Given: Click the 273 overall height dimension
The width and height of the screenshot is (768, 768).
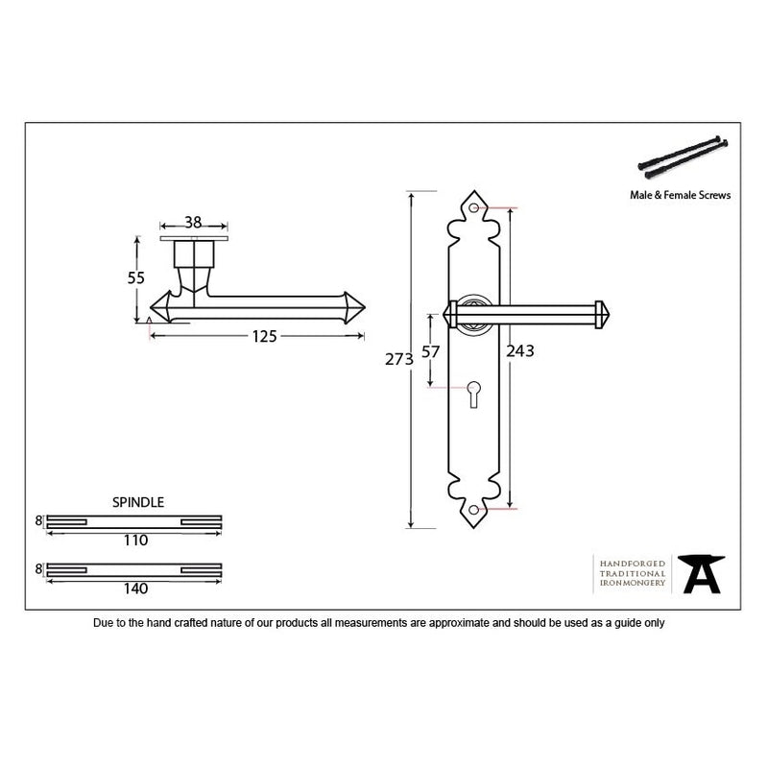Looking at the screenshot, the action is [399, 359].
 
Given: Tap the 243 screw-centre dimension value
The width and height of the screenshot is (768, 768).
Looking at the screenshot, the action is [520, 351].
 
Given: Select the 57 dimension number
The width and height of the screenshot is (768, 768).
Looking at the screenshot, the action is [430, 351].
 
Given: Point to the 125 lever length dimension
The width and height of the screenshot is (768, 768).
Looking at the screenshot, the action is [265, 337].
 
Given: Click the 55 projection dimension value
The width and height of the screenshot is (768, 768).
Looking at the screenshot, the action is [135, 278].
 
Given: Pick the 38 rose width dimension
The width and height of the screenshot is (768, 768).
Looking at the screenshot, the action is [193, 223].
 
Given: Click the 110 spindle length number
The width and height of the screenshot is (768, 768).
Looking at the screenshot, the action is [135, 540].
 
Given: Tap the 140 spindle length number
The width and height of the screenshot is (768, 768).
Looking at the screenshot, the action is [135, 588].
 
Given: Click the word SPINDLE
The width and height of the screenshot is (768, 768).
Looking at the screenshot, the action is [138, 502].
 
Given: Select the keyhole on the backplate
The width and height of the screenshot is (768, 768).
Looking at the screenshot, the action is [473, 394].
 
